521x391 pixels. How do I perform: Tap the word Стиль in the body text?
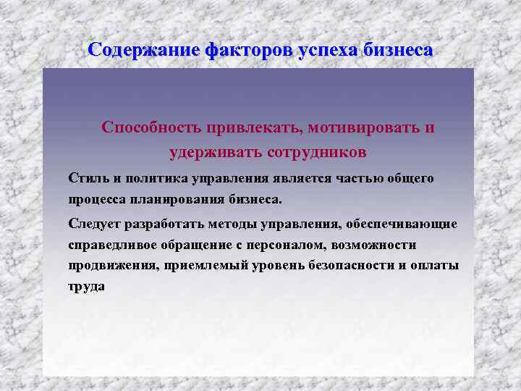pyautogui.click(x=85, y=178)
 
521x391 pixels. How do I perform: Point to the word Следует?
pyautogui.click(x=94, y=223)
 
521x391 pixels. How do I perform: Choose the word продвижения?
pyautogui.click(x=109, y=265)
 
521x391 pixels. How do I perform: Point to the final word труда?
pyautogui.click(x=86, y=286)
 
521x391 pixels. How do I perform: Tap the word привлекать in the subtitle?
pyautogui.click(x=253, y=127)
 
